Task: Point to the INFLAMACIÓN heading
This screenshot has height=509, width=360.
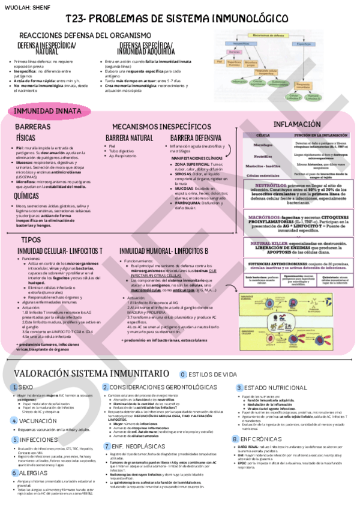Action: pyautogui.click(x=298, y=124)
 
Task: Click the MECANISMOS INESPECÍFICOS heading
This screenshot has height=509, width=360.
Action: pyautogui.click(x=158, y=127)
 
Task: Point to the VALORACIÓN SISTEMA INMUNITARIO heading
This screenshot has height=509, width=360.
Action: pyautogui.click(x=92, y=374)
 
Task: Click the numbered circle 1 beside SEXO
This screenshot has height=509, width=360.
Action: pyautogui.click(x=14, y=388)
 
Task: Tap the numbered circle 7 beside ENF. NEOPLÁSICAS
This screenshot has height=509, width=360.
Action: pyautogui.click(x=107, y=447)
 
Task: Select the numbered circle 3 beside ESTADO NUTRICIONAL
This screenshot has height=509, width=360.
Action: pyautogui.click(x=239, y=388)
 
